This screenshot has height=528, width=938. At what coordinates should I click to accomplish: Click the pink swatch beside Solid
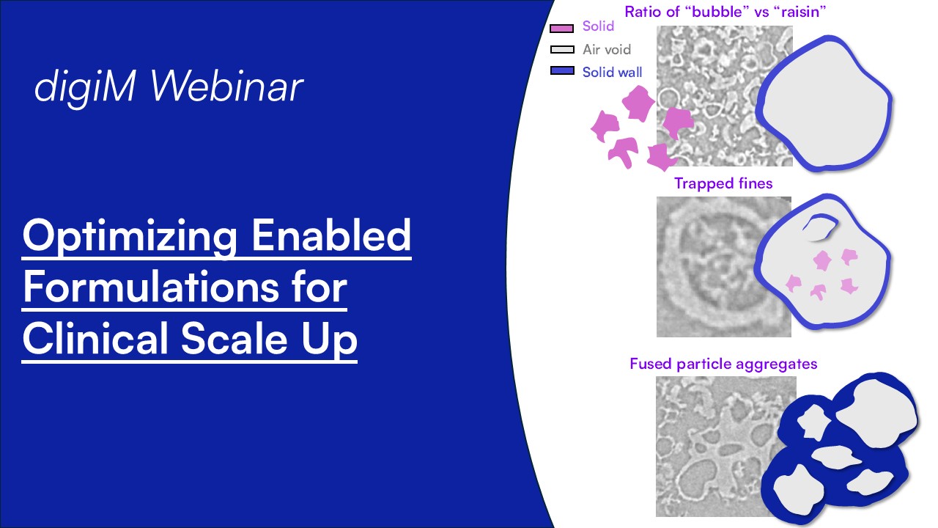[x=561, y=29]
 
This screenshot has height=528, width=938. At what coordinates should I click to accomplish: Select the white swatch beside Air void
[x=561, y=50]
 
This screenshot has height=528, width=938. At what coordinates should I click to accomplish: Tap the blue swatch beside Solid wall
[x=561, y=71]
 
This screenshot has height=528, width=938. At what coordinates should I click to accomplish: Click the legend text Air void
[x=607, y=50]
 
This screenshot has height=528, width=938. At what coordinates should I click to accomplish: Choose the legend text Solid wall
[x=613, y=72]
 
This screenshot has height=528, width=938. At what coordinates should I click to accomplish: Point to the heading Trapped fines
[x=723, y=183]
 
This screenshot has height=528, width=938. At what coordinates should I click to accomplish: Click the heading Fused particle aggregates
[x=723, y=364]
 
